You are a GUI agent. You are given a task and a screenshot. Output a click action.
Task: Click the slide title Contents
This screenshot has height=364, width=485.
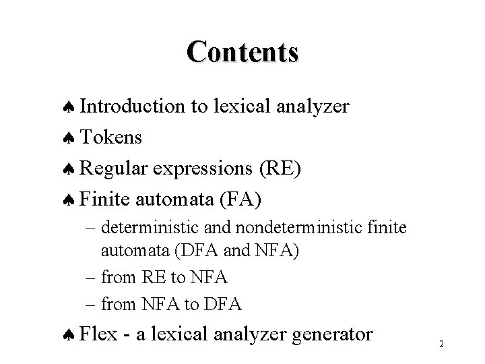coord(243,52)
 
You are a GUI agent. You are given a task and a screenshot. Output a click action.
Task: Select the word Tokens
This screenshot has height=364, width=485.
coord(111,138)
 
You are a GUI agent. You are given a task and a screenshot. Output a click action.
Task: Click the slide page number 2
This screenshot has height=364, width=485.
coord(441,344)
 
